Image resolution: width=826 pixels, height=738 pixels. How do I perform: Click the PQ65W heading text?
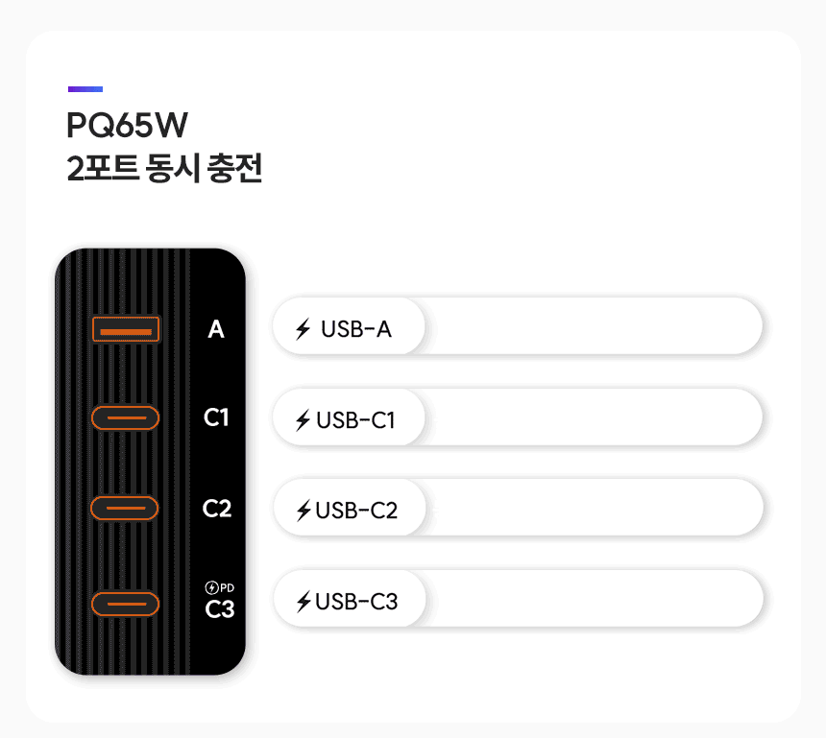coord(127,126)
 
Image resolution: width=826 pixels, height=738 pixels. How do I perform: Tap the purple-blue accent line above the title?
coord(85,89)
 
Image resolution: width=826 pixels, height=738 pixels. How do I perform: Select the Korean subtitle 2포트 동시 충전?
coord(164,169)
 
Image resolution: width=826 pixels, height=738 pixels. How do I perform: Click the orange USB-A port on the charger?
coord(126,329)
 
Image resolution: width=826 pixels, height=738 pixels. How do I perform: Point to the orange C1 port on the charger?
coord(126,418)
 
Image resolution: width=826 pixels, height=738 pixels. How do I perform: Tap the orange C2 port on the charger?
coord(124,508)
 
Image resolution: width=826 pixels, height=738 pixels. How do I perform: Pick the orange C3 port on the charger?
coord(126,604)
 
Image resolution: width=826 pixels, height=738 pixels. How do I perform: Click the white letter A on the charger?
coord(216,329)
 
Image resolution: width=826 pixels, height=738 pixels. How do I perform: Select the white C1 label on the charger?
coord(216,417)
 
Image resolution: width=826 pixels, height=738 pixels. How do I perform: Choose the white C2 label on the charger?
coord(217,509)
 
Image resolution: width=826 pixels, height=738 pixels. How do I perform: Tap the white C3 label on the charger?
coord(220,609)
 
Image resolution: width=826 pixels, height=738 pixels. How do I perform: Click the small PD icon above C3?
coord(220,587)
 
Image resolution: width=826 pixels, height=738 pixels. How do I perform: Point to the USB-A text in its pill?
coord(356,329)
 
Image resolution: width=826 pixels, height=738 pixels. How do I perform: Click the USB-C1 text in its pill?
coord(355,420)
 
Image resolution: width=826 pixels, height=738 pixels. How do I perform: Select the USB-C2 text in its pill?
coord(356,511)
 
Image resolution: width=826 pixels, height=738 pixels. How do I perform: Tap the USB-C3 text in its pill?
coord(356,601)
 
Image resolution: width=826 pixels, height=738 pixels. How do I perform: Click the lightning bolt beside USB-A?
coord(303,329)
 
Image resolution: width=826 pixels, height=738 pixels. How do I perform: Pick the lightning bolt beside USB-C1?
coord(303,420)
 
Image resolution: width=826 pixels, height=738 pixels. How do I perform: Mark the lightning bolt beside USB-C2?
coord(304,511)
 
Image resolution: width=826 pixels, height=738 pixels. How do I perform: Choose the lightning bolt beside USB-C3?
coord(304,601)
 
